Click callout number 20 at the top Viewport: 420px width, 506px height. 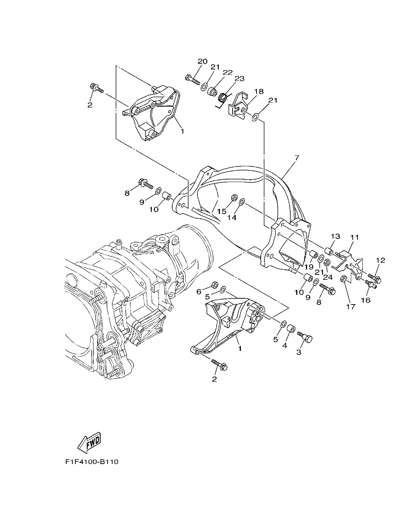click(202, 61)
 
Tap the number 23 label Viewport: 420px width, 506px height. click(239, 78)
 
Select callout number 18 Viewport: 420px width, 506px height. click(259, 91)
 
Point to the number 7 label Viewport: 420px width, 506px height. click(297, 158)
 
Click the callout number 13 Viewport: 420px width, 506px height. click(335, 236)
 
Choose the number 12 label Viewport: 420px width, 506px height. click(380, 260)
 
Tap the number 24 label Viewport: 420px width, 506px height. click(328, 278)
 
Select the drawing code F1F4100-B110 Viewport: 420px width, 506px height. click(91, 462)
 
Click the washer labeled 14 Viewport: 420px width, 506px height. click(242, 202)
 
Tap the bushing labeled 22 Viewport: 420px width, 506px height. click(213, 91)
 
